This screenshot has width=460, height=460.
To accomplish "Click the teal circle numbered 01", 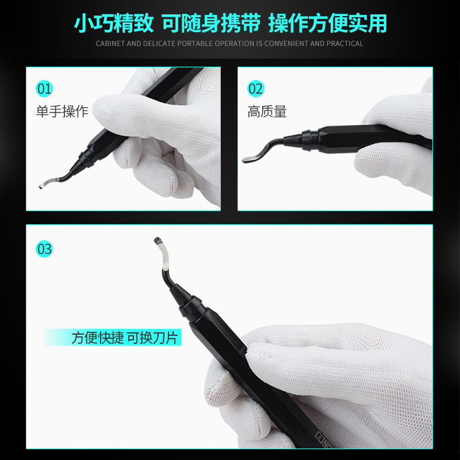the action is click(44, 89).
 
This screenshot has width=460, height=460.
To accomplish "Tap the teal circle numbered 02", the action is click(255, 89).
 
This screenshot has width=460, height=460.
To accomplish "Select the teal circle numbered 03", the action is click(44, 249).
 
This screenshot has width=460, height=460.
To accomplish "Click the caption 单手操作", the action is click(62, 112).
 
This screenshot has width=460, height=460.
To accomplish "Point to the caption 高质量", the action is click(267, 112).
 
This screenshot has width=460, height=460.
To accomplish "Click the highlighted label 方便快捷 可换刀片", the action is click(125, 338).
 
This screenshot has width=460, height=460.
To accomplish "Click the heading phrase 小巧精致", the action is click(114, 23).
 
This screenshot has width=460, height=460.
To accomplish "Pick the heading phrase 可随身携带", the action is click(211, 23).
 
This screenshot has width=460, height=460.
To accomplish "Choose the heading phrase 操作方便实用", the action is click(328, 23).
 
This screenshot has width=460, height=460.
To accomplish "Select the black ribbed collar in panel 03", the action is click(192, 308).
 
